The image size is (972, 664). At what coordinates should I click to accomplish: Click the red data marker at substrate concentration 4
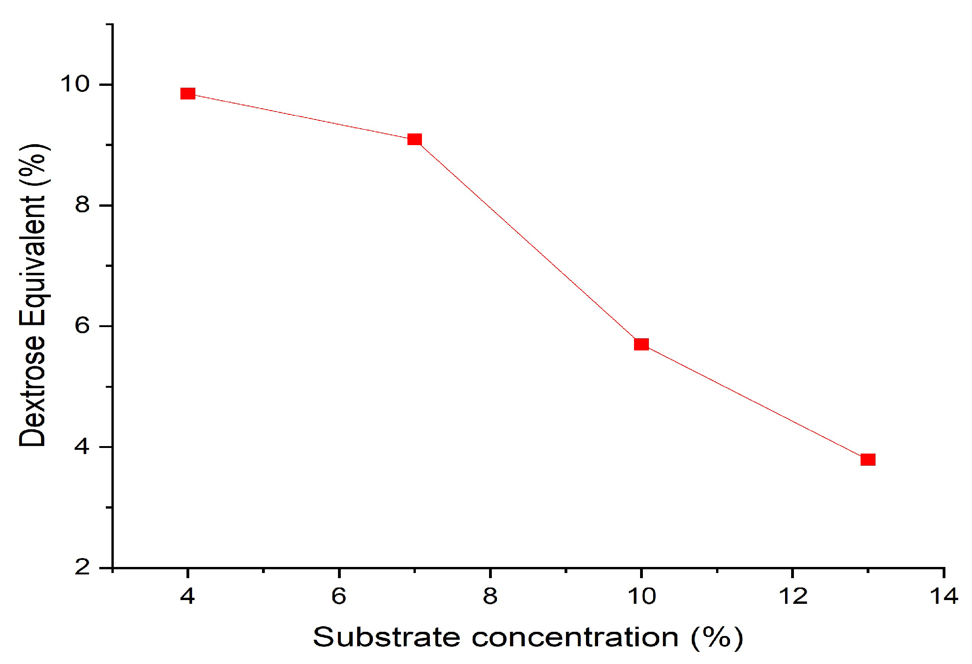click(187, 94)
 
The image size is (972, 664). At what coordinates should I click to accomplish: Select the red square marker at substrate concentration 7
click(414, 140)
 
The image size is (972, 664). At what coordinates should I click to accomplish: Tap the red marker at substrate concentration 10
click(641, 344)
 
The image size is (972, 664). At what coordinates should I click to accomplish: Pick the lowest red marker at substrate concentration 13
click(868, 460)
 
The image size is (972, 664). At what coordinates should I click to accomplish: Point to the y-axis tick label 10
click(75, 84)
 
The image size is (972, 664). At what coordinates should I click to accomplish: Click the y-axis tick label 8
click(82, 204)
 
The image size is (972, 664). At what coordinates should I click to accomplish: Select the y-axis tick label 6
click(82, 325)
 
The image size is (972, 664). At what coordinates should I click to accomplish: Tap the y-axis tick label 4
click(82, 447)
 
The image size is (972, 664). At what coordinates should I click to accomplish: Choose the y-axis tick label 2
click(82, 567)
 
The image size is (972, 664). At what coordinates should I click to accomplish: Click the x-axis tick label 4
click(187, 596)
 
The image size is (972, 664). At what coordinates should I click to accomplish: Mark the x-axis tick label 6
click(339, 596)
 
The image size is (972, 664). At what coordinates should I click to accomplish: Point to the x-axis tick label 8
click(490, 596)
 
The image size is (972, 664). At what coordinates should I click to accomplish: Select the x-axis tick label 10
click(641, 596)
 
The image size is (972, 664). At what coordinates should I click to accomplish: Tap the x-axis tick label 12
click(793, 596)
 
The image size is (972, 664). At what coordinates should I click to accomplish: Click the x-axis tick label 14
click(944, 596)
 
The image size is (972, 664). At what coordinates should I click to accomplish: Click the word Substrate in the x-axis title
click(386, 637)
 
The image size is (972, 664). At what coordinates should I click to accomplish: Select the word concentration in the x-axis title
click(575, 637)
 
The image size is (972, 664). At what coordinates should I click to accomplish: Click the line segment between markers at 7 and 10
click(528, 242)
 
